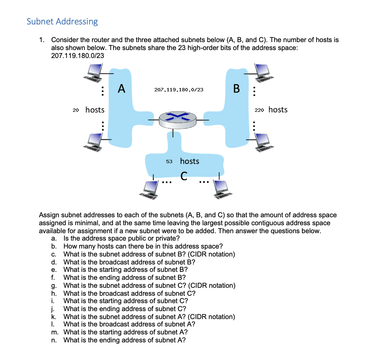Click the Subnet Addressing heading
(x=62, y=22)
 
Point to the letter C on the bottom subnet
(x=184, y=176)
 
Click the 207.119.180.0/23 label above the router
(x=179, y=90)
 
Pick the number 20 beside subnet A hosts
(x=76, y=110)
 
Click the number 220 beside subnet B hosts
(x=259, y=110)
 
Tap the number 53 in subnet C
(x=169, y=162)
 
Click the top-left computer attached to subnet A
(x=93, y=73)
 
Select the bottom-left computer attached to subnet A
(x=93, y=142)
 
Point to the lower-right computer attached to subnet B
(x=264, y=142)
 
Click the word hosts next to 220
(x=278, y=110)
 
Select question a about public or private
(x=122, y=238)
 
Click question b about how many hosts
(x=143, y=246)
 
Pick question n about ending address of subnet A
(x=124, y=340)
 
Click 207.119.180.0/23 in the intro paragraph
(x=78, y=56)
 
